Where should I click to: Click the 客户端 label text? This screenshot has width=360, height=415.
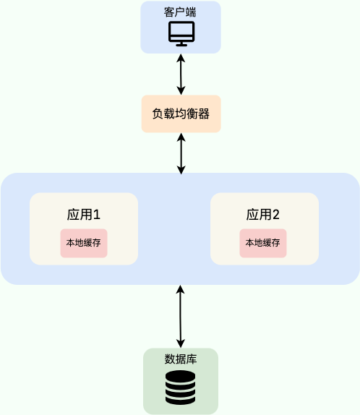point(181,12)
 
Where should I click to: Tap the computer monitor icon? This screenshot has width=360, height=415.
point(181,34)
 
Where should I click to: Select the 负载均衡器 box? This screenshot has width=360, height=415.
point(181,114)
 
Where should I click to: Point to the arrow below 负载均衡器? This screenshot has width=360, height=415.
point(181,153)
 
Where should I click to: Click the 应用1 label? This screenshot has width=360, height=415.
point(83,214)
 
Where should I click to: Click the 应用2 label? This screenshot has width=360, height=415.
point(263,214)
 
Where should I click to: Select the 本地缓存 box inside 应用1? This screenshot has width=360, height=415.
point(84,243)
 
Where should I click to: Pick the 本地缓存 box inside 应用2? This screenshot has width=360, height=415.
point(263,243)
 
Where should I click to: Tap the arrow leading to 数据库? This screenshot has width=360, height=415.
point(181,316)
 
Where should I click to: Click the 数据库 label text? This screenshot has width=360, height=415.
point(181,359)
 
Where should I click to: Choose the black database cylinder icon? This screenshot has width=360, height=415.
point(180,388)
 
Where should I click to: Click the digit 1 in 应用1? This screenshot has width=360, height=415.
point(96,214)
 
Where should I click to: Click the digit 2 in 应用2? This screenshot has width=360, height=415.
point(276,214)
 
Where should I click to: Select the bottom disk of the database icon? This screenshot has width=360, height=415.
point(180,399)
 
